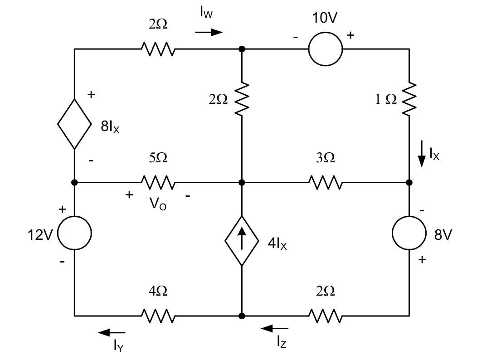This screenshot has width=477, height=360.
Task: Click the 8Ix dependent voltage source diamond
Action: tap(74, 124)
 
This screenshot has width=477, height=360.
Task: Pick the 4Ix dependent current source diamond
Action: tap(242, 241)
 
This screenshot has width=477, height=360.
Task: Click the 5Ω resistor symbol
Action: tap(158, 182)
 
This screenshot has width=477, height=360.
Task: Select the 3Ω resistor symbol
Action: tap(326, 182)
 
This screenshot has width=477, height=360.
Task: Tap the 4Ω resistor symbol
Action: tap(158, 315)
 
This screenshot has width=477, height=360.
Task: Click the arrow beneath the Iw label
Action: tap(209, 32)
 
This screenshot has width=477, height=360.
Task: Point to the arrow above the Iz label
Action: tap(275, 328)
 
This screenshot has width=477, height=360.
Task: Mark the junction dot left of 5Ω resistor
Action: tap(74, 182)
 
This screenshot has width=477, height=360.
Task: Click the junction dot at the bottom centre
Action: tap(242, 315)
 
